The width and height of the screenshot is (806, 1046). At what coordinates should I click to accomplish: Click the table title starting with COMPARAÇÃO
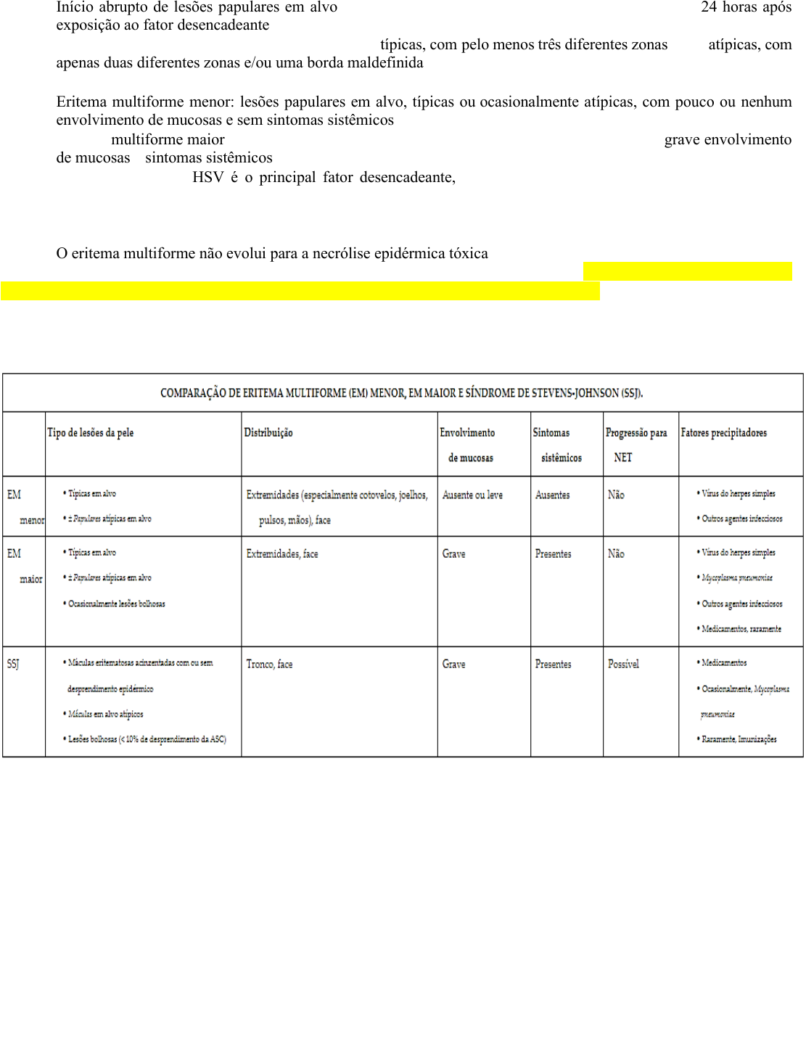pos(401,393)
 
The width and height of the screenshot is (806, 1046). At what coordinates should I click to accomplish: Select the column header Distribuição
pos(268,433)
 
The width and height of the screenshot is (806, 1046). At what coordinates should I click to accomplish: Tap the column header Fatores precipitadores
pos(723,433)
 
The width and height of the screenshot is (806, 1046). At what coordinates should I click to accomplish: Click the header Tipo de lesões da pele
pos(91,433)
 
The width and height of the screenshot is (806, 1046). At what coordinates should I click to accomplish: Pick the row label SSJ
pos(14,664)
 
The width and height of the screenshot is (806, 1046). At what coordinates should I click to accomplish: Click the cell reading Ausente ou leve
pos(472,495)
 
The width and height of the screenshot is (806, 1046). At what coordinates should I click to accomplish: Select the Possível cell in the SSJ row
pos(623,664)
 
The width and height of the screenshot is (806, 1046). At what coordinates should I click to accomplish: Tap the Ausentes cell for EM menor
pos(553,495)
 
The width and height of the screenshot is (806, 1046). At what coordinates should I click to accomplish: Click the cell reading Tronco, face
pos(269,664)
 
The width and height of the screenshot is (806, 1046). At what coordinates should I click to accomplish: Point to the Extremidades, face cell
pos(282,554)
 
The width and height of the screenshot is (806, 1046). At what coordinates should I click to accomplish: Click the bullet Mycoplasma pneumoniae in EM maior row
pos(736,578)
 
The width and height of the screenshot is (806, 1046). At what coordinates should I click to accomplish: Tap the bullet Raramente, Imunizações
pos(739,739)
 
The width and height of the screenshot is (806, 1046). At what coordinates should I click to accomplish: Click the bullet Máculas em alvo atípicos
pos(105,715)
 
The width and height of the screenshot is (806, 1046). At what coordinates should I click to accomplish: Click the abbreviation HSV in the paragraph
pos(207,178)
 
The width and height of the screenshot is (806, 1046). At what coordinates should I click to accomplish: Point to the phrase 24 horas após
pos(746,7)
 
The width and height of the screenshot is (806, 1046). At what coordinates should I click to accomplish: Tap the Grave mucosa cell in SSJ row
pos(454,664)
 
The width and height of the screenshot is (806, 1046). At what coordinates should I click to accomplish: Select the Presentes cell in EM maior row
pos(553,554)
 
